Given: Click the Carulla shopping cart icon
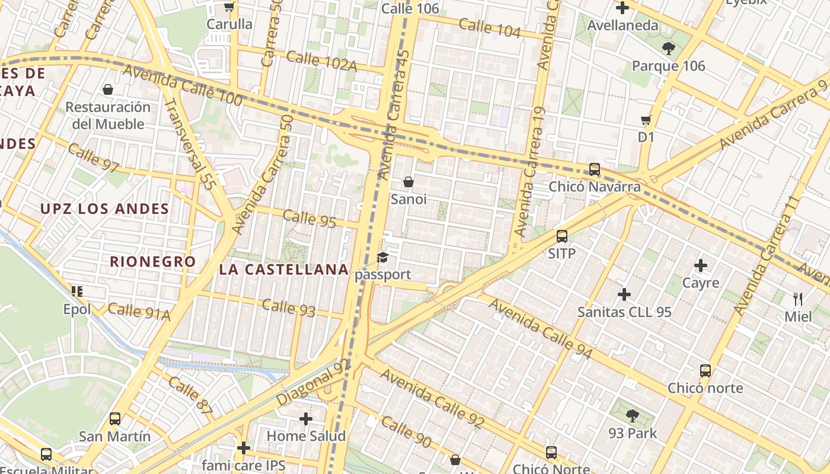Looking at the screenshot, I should (229, 7).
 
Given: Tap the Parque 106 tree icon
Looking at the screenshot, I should (668, 48).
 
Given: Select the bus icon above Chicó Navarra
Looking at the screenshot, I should (595, 169).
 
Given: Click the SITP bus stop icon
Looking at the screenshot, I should (562, 236).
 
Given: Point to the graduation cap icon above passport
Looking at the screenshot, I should (383, 258).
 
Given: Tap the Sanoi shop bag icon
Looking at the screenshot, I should (408, 181).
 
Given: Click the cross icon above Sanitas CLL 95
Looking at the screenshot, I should (624, 294).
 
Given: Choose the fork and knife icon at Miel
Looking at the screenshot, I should (798, 299).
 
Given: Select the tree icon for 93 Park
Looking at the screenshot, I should (633, 416).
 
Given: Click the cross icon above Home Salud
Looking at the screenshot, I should (306, 419).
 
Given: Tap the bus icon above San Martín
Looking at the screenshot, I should (115, 419).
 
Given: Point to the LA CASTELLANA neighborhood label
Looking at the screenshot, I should (283, 270).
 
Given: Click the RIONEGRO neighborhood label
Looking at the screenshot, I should (152, 261).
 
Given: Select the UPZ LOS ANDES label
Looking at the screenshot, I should (104, 209).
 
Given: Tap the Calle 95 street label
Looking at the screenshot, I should (309, 218).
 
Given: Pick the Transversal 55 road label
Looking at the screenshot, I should (189, 143).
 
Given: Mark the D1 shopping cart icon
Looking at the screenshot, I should (646, 120).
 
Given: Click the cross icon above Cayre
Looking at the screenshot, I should (701, 265).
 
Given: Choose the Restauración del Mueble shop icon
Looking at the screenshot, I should (108, 89).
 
